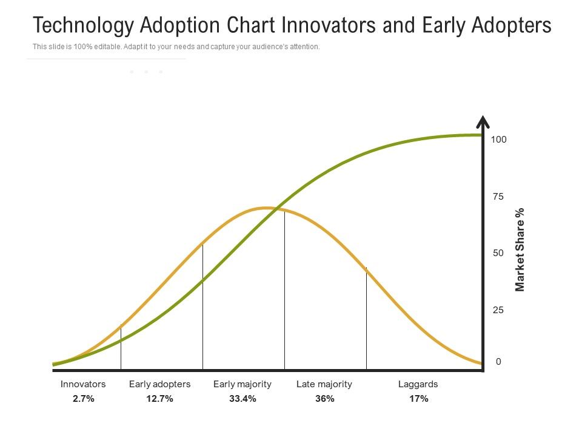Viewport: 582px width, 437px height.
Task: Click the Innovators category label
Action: point(83,384)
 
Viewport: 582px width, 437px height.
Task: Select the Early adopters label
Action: point(159,384)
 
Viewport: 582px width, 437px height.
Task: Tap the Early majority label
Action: point(242,384)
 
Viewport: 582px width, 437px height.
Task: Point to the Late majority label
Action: point(324,384)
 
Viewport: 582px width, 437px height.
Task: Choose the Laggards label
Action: point(418,384)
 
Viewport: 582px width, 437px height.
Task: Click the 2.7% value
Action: point(83,399)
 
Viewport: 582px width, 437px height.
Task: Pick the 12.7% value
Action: point(159,399)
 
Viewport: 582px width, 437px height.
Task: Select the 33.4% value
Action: point(242,399)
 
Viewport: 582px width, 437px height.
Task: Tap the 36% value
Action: point(324,399)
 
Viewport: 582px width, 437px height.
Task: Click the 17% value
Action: point(418,399)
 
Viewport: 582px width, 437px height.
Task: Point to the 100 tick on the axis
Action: point(498,140)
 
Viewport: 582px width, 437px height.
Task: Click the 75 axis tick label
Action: point(498,197)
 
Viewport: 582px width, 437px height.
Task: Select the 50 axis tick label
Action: point(498,253)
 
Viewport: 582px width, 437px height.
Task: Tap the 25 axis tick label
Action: point(498,310)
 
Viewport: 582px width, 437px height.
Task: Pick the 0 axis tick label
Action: point(498,362)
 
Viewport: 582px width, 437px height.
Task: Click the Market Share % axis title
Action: point(520,249)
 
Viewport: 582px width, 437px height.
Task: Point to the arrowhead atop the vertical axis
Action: point(483,122)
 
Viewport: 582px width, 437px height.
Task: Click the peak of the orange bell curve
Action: point(266,208)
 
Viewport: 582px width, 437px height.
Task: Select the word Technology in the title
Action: point(83,25)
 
